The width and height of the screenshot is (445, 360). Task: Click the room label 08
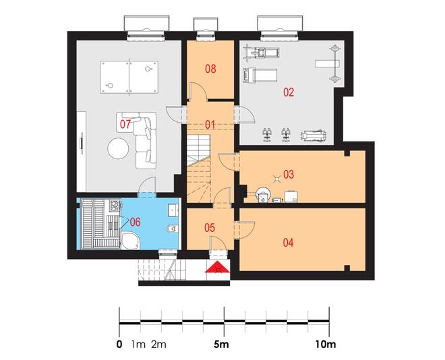[210, 69]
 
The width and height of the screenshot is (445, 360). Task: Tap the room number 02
[289, 92]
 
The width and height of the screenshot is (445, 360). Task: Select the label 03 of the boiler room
[289, 175]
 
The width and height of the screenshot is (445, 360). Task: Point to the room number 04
[288, 243]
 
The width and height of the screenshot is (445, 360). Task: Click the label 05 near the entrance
[210, 227]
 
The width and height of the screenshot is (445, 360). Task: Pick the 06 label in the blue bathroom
[135, 222]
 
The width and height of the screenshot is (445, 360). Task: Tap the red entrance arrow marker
[217, 267]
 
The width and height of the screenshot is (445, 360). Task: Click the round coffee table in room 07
[119, 148]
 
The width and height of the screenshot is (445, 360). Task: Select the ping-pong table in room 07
[129, 77]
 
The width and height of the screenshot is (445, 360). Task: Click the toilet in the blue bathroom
[173, 229]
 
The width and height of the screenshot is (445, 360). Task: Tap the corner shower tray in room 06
[130, 241]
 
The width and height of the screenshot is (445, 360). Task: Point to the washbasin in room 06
[173, 210]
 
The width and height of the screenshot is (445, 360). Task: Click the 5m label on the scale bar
[221, 344]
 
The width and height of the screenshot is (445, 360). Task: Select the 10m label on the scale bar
[326, 344]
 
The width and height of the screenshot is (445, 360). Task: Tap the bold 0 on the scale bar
[119, 344]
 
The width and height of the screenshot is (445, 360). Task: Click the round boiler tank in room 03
[263, 195]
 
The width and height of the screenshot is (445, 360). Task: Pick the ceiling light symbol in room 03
[276, 179]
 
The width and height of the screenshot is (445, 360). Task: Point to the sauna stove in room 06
[115, 205]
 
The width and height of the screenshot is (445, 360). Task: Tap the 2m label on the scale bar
[158, 344]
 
